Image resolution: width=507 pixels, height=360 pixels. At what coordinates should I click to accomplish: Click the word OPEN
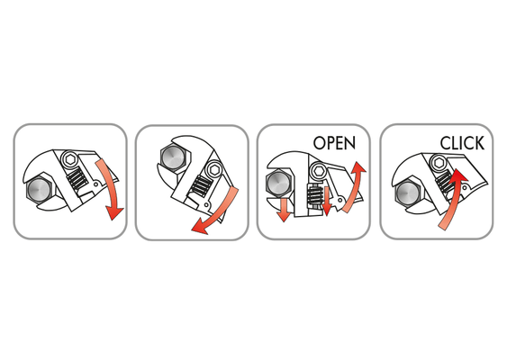(x=334, y=142)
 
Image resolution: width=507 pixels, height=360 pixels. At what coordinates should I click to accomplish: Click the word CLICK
(x=462, y=143)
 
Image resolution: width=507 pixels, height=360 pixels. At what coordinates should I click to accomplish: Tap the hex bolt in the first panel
(x=39, y=189)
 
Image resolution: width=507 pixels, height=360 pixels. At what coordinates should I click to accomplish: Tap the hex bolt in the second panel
(x=174, y=157)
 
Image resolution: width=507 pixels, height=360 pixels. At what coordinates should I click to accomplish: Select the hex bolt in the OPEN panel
(x=279, y=184)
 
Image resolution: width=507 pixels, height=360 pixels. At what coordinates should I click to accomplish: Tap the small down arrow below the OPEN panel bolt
(x=284, y=210)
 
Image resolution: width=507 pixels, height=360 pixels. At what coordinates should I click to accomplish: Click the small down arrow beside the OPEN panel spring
(x=327, y=202)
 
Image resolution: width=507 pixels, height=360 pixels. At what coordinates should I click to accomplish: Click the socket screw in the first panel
(x=69, y=159)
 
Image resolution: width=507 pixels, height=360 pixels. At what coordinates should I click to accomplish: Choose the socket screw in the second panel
(x=214, y=169)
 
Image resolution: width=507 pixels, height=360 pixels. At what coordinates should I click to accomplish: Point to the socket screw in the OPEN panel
(x=318, y=170)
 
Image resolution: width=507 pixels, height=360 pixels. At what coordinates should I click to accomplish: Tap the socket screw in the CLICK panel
(x=439, y=162)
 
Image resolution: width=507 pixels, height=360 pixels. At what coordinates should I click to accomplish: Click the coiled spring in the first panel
(x=77, y=179)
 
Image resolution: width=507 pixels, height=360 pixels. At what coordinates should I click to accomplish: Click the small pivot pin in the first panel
(x=96, y=184)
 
